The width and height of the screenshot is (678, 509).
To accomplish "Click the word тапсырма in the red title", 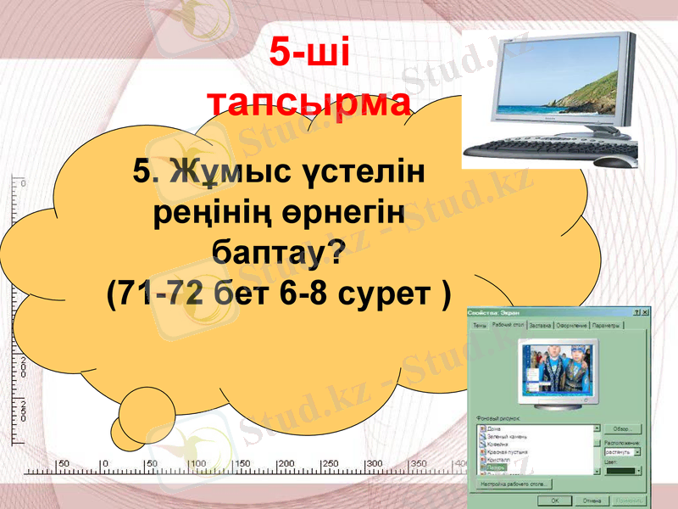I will (309, 102).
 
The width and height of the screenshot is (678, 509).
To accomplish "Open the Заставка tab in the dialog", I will (541, 325).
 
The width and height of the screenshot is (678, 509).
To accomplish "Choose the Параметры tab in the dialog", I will (607, 325).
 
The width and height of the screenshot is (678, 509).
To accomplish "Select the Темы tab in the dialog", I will (480, 325).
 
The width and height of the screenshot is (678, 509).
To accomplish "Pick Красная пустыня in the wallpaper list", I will (507, 451).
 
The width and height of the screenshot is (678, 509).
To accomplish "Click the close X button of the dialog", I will (645, 313).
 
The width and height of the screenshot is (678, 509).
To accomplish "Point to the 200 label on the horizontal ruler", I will (286, 464).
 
